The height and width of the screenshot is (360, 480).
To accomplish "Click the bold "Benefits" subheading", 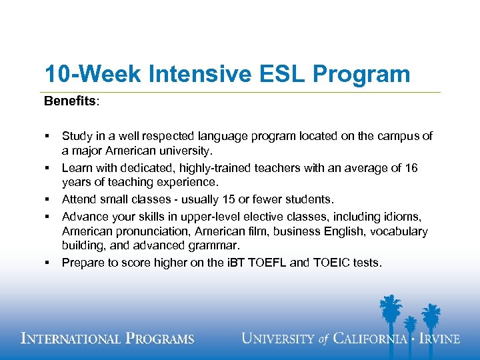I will point(70,101).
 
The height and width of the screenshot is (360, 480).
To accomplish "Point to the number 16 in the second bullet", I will point(411,168).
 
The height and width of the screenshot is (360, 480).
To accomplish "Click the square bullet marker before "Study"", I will point(47,136).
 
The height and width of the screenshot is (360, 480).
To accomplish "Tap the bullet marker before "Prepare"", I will point(47,263).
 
